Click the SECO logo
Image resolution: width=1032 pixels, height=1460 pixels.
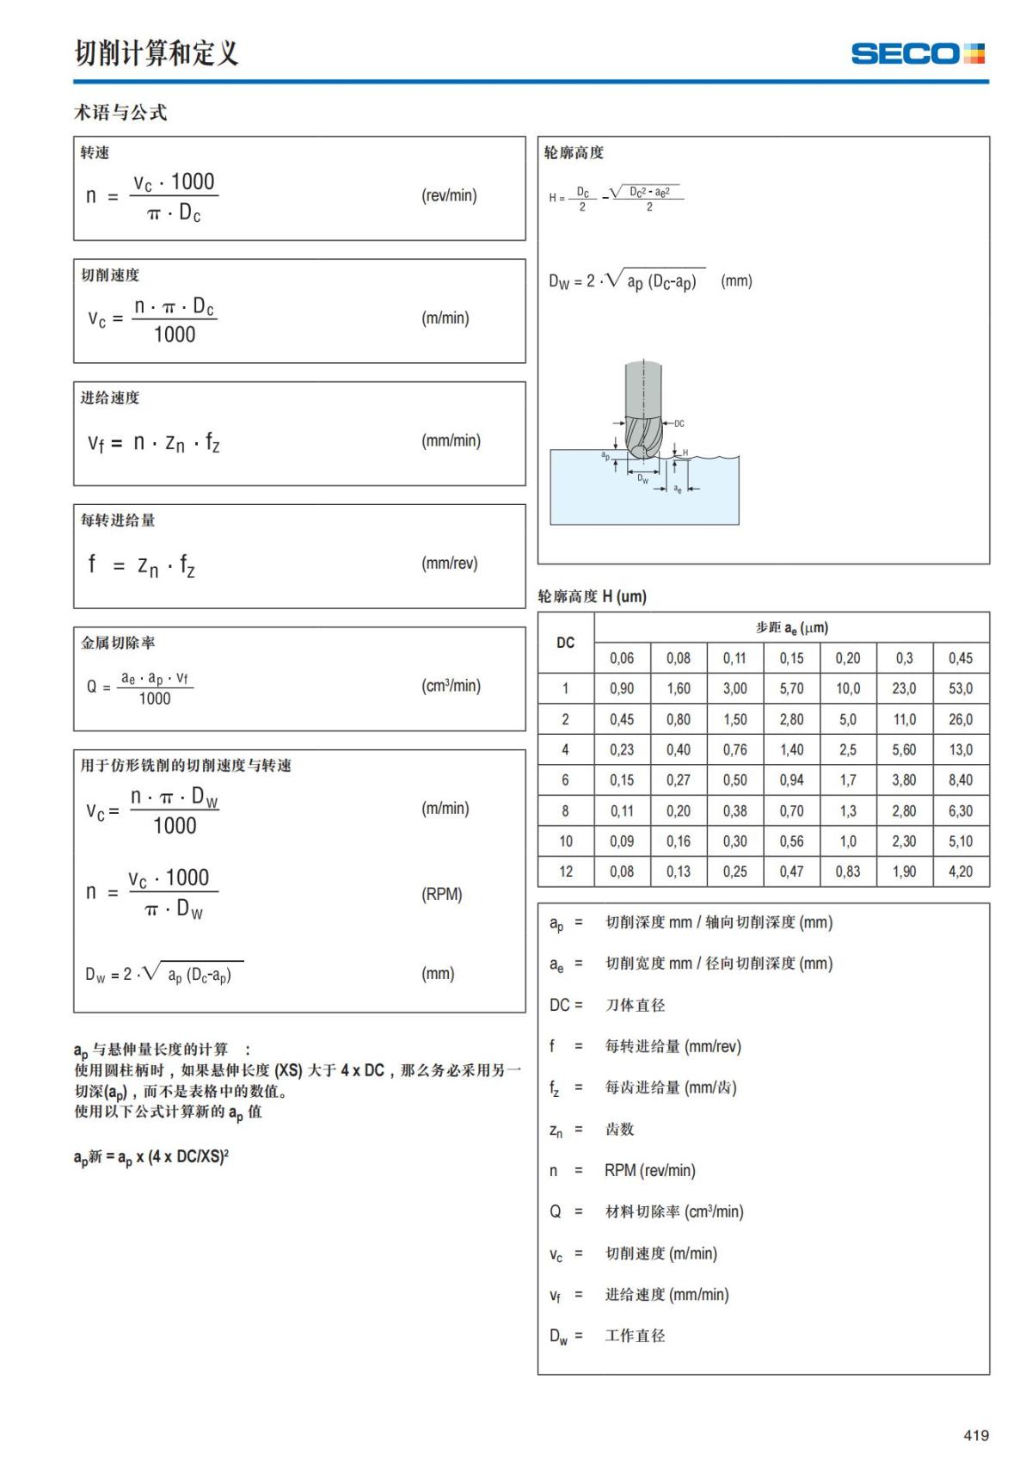point(918,53)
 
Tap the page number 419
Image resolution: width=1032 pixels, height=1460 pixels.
point(976,1435)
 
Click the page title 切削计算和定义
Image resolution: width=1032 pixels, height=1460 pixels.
point(156,53)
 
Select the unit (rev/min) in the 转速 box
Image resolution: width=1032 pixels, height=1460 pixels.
point(449,195)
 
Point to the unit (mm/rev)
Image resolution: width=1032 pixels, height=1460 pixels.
point(449,564)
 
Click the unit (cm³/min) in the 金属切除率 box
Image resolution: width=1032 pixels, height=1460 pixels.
point(451,686)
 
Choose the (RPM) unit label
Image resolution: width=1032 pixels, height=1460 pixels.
point(442,894)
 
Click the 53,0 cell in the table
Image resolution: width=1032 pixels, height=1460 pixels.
point(961,688)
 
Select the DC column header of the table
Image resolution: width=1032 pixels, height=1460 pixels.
point(565,643)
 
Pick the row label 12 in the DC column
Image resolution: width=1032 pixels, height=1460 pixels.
point(565,872)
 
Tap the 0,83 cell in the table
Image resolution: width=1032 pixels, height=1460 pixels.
point(847,872)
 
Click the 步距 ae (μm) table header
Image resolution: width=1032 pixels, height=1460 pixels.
point(791,628)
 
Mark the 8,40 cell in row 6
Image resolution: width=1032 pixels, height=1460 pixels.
point(961,780)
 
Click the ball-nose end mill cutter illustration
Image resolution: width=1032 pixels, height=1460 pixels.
point(643,413)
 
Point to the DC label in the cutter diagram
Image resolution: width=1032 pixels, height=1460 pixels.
point(679,423)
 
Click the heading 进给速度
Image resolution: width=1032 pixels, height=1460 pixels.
point(110,397)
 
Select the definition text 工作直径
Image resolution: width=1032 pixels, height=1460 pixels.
point(635,1335)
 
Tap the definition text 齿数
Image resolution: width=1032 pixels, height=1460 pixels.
point(619,1129)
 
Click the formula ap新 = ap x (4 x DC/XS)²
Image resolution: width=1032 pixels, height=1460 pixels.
point(151,1157)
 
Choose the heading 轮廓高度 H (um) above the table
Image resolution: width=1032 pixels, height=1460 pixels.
point(592,596)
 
